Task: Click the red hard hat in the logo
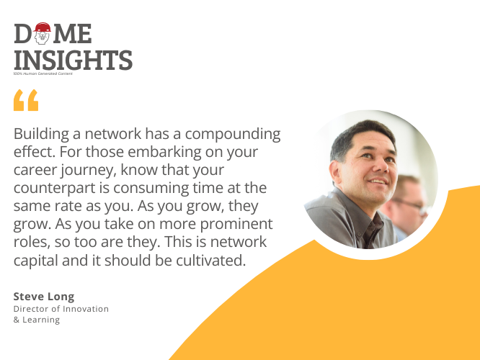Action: (43, 27)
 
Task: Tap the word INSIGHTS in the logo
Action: (74, 60)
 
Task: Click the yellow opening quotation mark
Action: (26, 100)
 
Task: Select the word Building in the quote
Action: (41, 134)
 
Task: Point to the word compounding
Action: (233, 134)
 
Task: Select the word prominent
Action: (236, 225)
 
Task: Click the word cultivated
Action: (210, 261)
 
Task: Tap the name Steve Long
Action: (44, 297)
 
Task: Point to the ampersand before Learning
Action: (17, 320)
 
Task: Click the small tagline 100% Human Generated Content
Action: (43, 73)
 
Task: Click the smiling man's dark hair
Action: (361, 135)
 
